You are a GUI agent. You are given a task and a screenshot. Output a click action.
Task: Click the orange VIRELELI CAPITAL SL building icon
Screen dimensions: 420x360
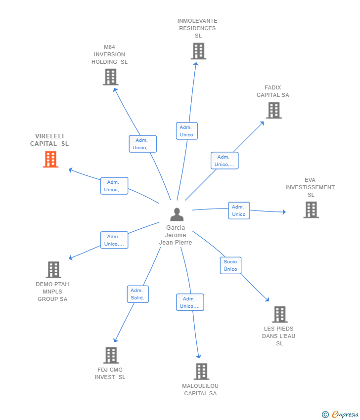click(50, 160)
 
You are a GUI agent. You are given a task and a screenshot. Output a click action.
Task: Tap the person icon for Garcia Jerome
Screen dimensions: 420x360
click(177, 214)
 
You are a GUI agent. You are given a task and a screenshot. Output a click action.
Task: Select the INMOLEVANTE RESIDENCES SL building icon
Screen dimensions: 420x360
click(198, 51)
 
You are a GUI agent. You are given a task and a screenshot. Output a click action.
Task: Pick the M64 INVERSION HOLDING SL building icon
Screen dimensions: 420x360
click(110, 77)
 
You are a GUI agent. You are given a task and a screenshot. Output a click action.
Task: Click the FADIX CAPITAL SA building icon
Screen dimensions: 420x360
click(273, 110)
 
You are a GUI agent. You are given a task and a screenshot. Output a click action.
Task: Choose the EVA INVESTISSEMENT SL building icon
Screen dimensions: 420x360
click(311, 210)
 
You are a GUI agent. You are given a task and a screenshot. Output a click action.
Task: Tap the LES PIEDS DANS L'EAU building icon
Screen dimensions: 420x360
click(279, 314)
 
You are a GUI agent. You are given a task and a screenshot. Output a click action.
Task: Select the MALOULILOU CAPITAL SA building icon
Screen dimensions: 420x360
click(201, 372)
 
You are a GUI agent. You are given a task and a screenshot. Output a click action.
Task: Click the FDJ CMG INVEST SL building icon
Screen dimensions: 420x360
click(111, 355)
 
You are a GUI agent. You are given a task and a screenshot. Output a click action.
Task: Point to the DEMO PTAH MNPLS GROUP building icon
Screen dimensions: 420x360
click(53, 270)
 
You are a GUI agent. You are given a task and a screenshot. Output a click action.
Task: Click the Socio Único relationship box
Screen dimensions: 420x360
click(230, 265)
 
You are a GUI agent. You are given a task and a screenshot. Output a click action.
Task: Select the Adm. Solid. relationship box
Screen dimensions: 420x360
click(137, 294)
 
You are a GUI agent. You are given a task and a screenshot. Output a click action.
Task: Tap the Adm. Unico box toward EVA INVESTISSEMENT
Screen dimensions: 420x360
click(239, 210)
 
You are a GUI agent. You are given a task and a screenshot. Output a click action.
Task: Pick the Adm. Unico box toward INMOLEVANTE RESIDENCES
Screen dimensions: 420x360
click(186, 131)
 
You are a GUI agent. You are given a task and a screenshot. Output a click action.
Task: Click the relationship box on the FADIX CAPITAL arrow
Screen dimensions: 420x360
click(225, 161)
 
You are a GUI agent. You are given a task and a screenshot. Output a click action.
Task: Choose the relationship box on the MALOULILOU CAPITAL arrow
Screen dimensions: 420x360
click(190, 302)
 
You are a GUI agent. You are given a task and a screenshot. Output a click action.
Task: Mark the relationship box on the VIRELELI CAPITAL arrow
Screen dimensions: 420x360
click(114, 186)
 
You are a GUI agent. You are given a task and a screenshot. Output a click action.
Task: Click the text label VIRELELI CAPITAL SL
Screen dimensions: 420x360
click(49, 140)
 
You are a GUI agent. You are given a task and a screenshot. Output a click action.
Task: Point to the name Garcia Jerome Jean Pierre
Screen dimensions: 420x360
click(176, 235)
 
